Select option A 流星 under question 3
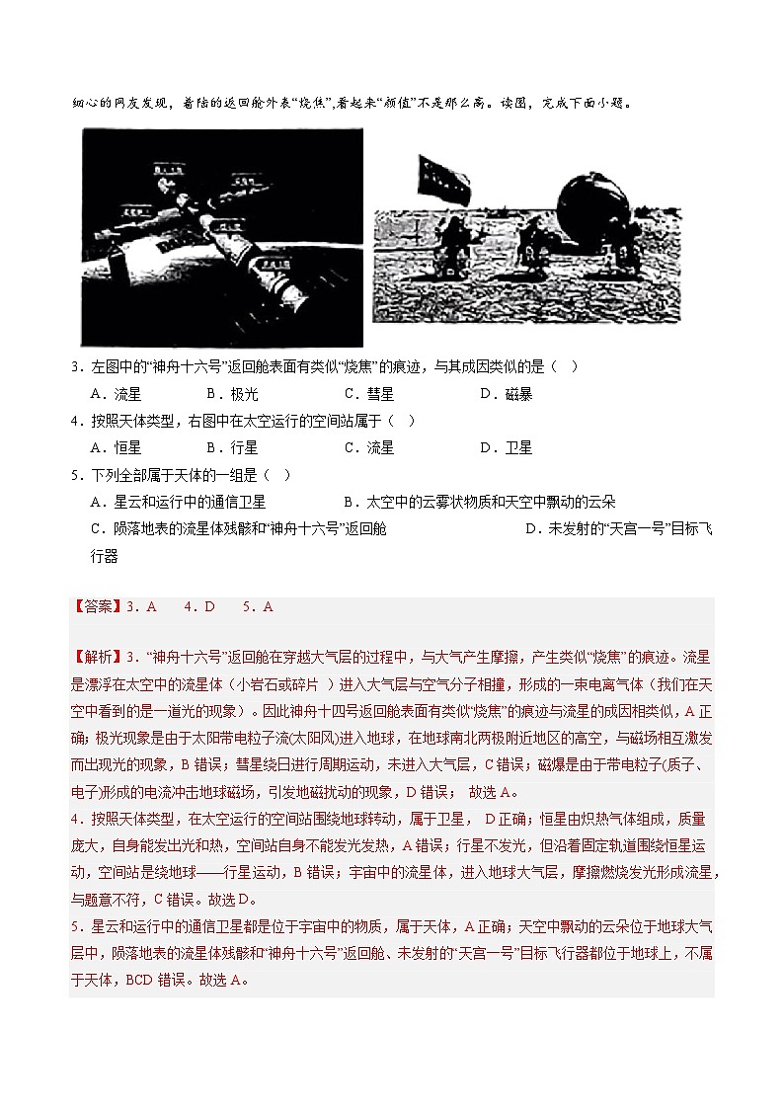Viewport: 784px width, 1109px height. click(x=117, y=394)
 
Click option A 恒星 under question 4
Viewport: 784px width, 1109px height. click(x=117, y=447)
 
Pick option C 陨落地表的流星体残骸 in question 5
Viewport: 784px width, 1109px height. click(x=237, y=528)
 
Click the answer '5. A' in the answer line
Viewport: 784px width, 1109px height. click(x=257, y=607)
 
